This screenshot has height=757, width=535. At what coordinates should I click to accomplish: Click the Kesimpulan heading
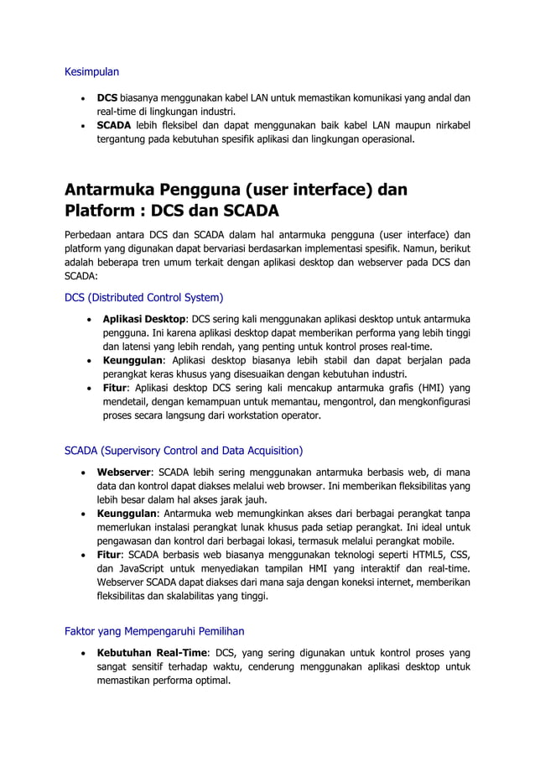pyautogui.click(x=92, y=71)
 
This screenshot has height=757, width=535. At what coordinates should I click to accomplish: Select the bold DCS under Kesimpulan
pyautogui.click(x=107, y=97)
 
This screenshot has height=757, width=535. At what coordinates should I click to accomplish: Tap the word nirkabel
pyautogui.click(x=450, y=125)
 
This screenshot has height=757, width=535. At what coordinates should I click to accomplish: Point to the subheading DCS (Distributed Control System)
pyautogui.click(x=143, y=296)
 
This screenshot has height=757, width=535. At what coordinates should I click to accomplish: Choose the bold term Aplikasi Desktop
pyautogui.click(x=145, y=320)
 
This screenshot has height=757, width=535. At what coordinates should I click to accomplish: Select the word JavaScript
pyautogui.click(x=142, y=569)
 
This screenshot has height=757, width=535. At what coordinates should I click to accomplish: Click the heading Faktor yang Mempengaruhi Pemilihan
pyautogui.click(x=154, y=630)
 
